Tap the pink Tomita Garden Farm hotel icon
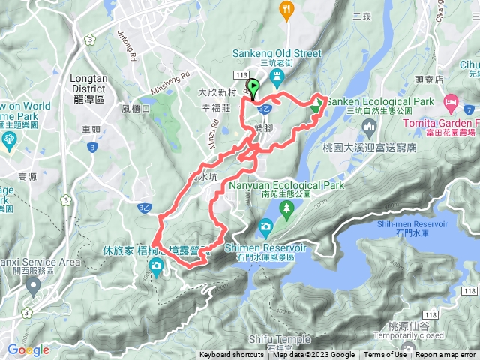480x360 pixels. (x=451, y=100)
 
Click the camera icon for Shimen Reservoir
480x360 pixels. (x=265, y=226)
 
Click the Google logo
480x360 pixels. (x=28, y=349)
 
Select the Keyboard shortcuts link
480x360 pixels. (x=232, y=355)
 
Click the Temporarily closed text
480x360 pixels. (x=416, y=335)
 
